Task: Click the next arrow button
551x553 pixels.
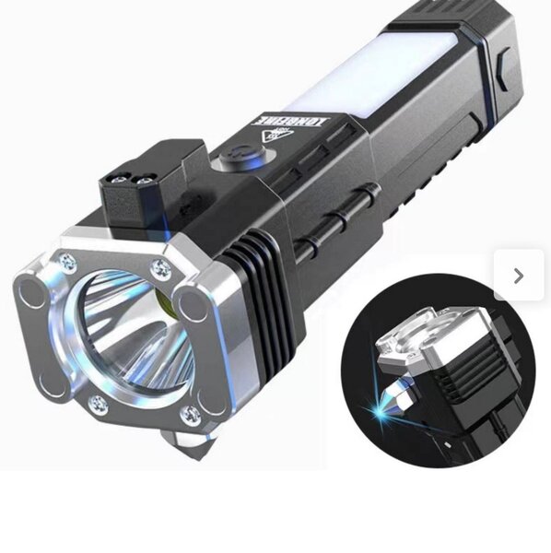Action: click(519, 275)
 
